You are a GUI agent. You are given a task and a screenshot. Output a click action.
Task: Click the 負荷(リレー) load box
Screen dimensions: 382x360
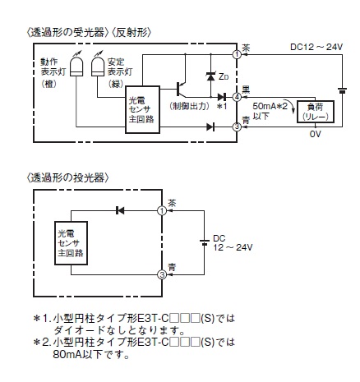click(x=314, y=112)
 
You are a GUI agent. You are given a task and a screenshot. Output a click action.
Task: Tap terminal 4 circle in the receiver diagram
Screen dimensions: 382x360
click(x=237, y=98)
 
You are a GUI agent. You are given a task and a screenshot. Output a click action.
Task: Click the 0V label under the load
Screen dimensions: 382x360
click(x=314, y=135)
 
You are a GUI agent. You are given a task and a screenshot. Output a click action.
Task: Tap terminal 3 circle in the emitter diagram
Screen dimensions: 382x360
click(x=163, y=275)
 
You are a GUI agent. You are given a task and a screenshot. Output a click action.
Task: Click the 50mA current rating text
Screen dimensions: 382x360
click(x=267, y=107)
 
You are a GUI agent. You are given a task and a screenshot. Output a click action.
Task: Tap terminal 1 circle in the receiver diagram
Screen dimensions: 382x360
click(x=237, y=55)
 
